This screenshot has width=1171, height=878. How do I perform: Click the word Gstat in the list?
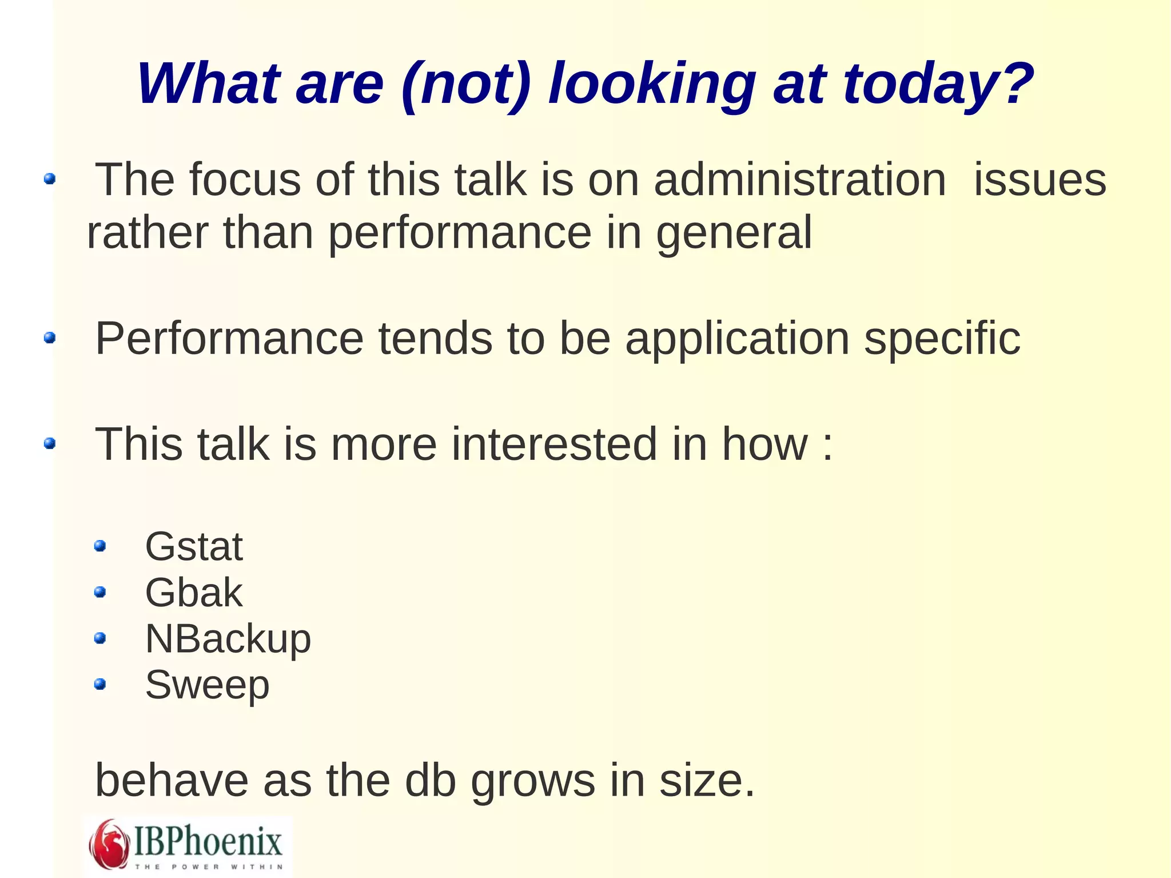pos(194,547)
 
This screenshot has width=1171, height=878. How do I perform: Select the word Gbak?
pos(194,593)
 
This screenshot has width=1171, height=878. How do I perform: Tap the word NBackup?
pos(228,639)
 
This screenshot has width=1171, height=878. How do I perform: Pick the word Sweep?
pos(207,685)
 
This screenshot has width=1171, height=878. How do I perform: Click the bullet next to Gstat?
pos(100,546)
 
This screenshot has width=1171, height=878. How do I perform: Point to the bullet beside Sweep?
pos(100,684)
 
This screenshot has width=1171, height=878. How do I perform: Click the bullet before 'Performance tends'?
pos(50,337)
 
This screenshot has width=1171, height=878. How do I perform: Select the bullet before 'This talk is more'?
pos(50,443)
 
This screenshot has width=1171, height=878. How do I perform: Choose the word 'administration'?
pos(800,180)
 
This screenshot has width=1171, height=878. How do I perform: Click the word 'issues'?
pos(1039,180)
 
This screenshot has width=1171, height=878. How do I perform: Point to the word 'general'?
pos(734,233)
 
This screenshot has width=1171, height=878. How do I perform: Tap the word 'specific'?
pos(942,339)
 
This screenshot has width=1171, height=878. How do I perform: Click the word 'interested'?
pos(554,444)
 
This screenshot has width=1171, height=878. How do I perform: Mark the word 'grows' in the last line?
pos(532,781)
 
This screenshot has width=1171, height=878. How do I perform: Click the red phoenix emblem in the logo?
pos(108,844)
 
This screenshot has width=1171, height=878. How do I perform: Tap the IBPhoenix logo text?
pos(208,842)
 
